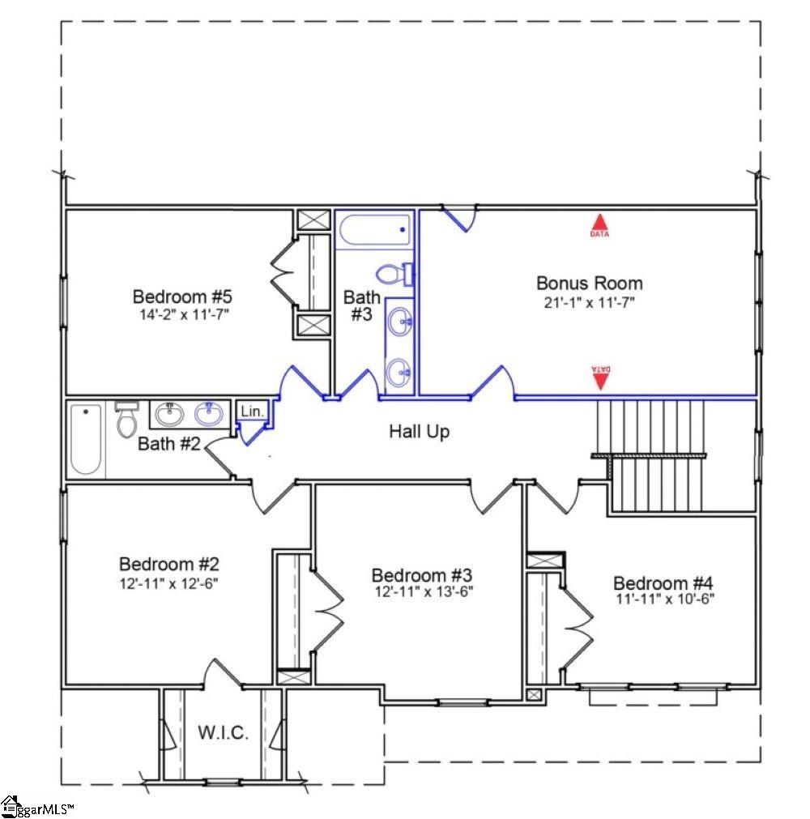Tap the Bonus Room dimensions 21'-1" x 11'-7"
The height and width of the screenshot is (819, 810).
point(589,303)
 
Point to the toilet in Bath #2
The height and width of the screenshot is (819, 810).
point(126,419)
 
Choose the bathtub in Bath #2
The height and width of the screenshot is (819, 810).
point(86,439)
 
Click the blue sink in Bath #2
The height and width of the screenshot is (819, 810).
point(210,414)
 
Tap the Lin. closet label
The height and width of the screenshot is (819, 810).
point(252,412)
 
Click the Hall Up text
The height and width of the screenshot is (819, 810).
point(419,432)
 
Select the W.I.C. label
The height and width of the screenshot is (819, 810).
point(223,733)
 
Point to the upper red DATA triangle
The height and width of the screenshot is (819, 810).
point(599,225)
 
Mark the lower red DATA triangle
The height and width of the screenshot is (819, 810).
point(600,378)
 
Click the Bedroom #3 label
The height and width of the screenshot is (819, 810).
point(421,575)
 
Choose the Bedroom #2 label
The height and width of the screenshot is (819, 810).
point(168,564)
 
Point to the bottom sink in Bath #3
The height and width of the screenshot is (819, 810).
point(398,373)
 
